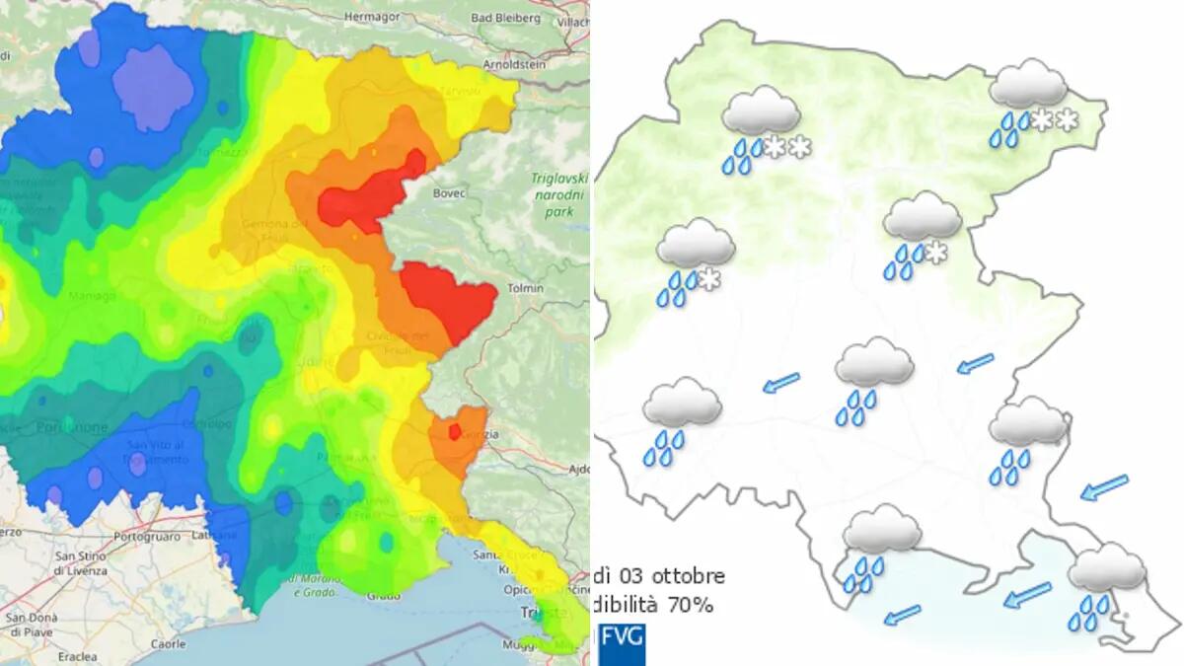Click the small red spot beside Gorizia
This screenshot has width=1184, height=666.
[x=454, y=431]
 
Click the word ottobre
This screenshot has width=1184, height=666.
[x=690, y=575]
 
